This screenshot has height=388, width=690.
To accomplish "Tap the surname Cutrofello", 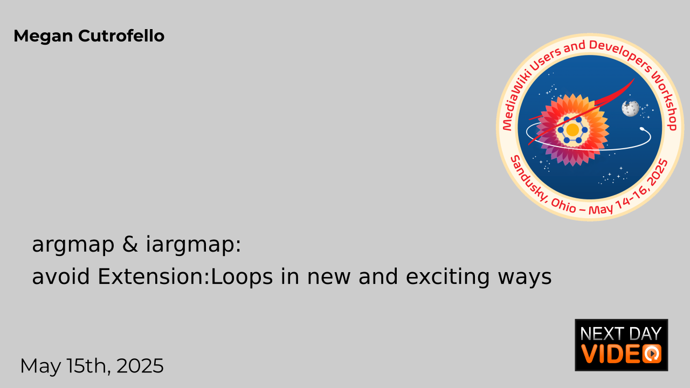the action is click(x=121, y=36).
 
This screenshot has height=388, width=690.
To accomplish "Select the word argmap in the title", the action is click(x=73, y=245).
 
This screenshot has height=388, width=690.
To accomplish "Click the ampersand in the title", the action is click(x=130, y=244).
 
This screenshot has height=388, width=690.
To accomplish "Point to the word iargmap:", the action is click(x=193, y=245).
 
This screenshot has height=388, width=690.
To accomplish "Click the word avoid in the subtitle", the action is click(x=61, y=276).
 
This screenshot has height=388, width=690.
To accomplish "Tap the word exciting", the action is click(x=447, y=277).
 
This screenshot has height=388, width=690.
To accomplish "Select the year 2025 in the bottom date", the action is click(x=140, y=366).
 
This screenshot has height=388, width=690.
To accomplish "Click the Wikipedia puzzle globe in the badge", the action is click(x=630, y=109).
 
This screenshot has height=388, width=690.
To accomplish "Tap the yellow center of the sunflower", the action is click(x=572, y=130).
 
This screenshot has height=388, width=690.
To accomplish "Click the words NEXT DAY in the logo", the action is click(x=621, y=334).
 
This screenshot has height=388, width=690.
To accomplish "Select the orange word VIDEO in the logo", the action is click(x=621, y=354).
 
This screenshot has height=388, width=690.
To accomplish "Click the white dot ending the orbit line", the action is click(x=642, y=129).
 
